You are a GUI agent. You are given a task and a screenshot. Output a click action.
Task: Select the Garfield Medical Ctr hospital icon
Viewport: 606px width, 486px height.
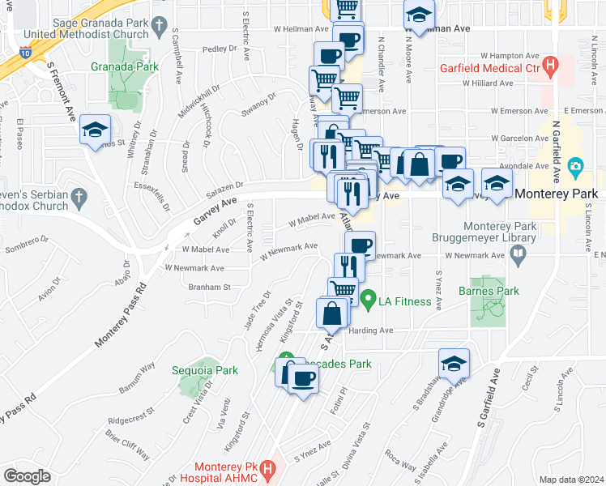(551, 65)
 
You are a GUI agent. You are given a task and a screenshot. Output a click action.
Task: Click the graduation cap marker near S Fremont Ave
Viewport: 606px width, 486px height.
(95, 129)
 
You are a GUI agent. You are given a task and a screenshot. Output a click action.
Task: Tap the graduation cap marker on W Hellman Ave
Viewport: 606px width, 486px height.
(419, 15)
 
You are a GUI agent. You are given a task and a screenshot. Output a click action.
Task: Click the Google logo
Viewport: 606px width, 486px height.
(27, 476)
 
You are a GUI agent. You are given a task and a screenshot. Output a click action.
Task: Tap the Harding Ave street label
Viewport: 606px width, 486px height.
(370, 330)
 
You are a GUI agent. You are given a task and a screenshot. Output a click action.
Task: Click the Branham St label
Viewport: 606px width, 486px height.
(211, 287)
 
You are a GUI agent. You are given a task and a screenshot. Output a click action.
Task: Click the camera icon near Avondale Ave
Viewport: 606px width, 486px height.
(576, 168)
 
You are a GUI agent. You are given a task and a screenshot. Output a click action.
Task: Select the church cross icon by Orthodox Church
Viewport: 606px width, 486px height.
(79, 197)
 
